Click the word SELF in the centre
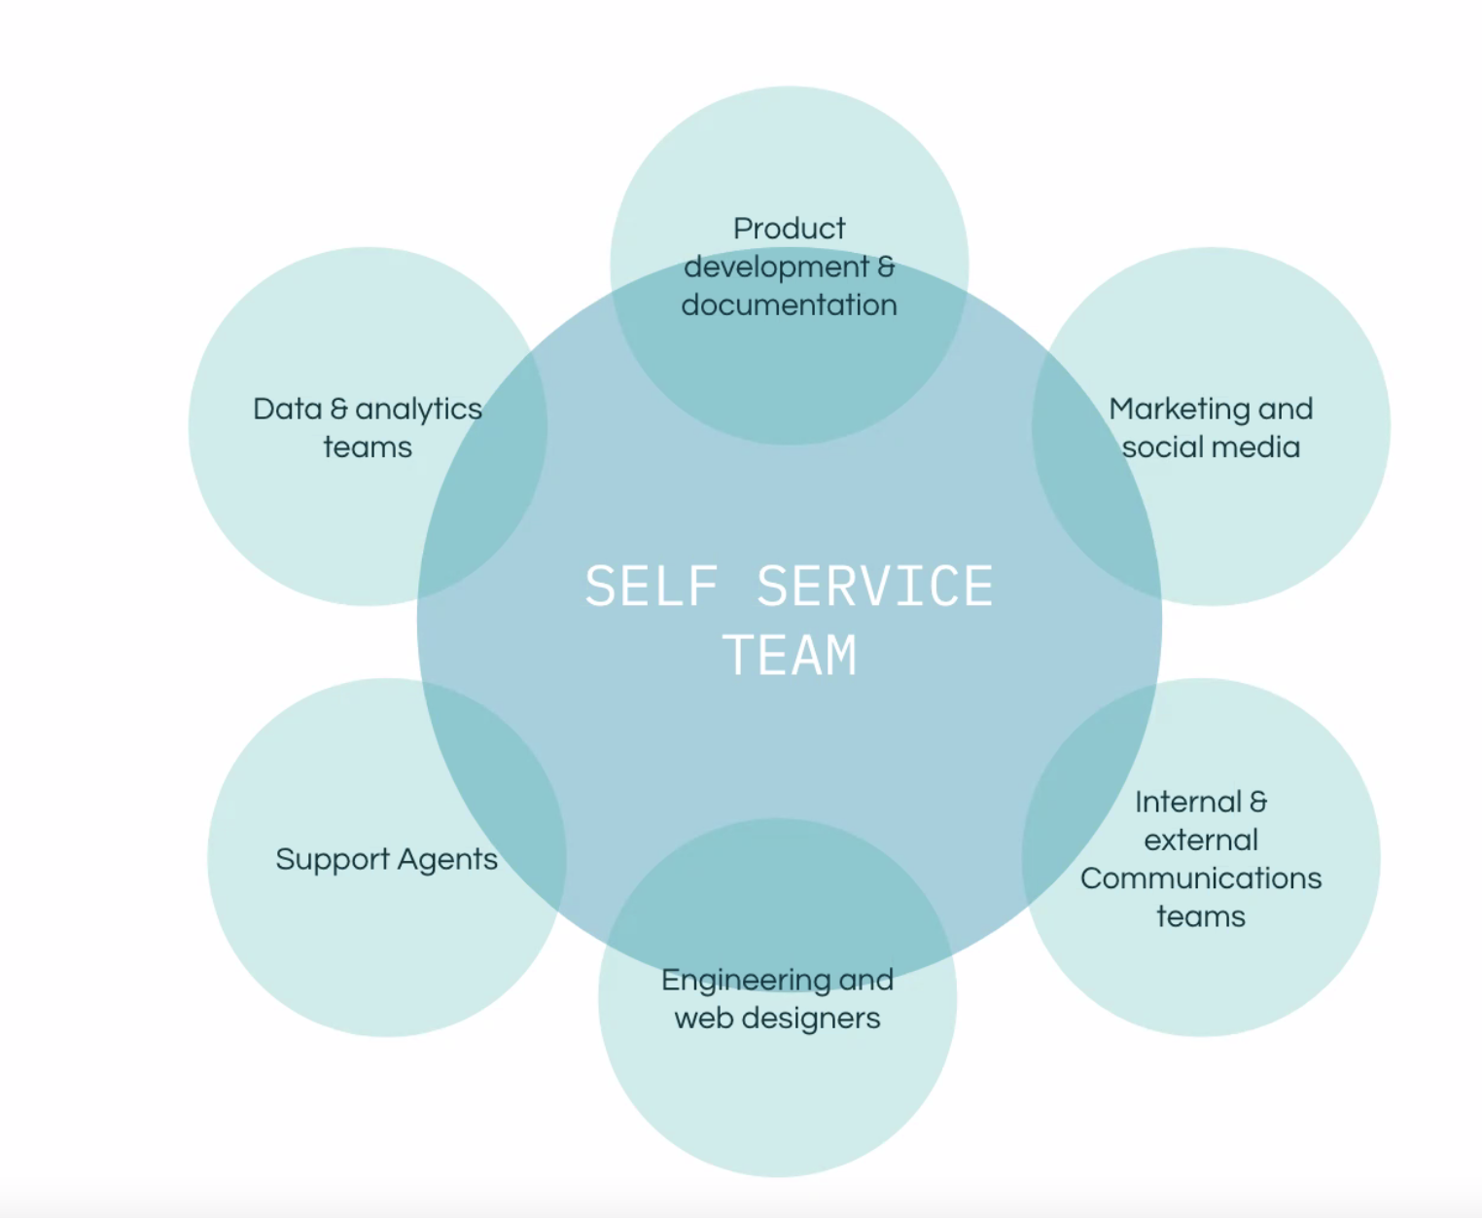(x=651, y=587)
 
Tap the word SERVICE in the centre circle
(x=874, y=587)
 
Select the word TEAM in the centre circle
(x=790, y=656)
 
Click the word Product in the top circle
(x=789, y=229)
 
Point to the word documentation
(x=789, y=305)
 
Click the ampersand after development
(x=886, y=267)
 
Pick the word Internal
(x=1187, y=802)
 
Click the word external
(x=1201, y=840)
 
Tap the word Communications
(x=1201, y=878)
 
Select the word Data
(x=287, y=409)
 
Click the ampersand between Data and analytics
(x=338, y=409)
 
